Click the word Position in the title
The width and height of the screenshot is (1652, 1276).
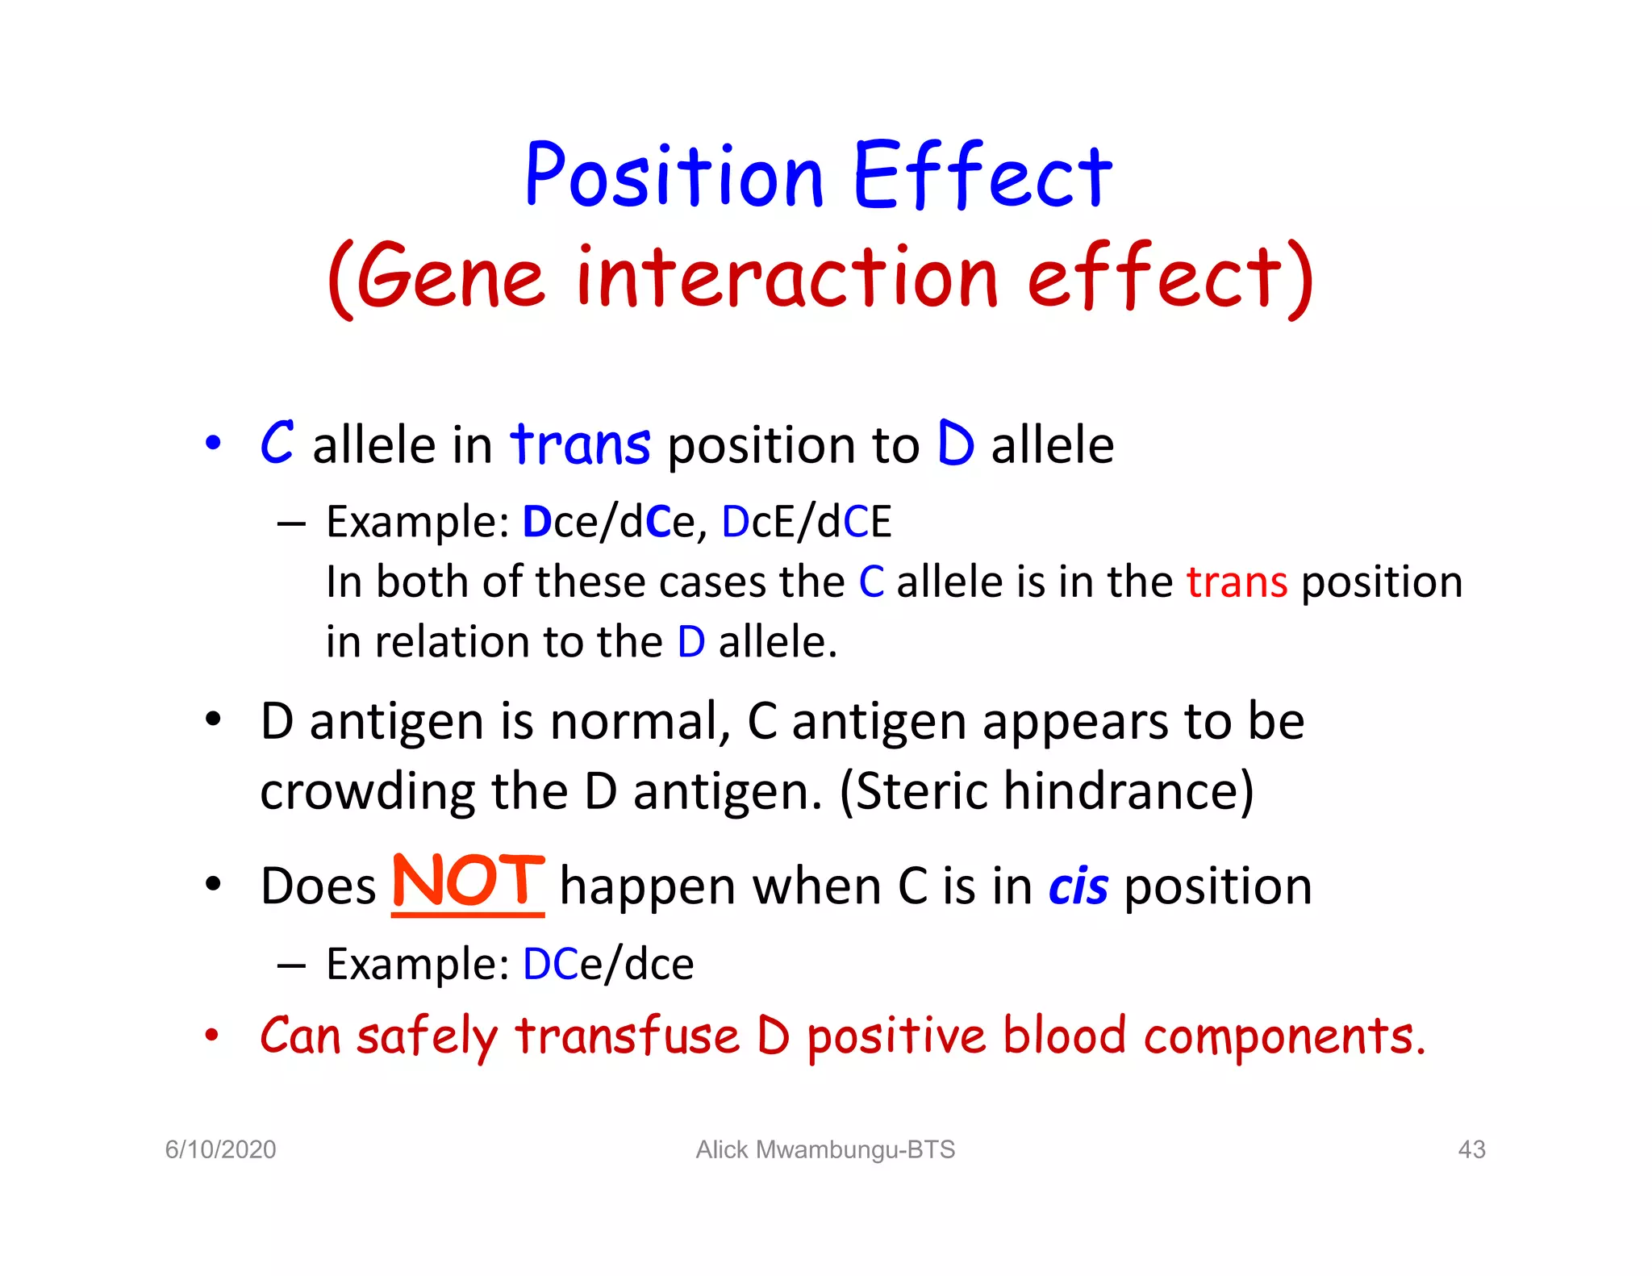pos(674,175)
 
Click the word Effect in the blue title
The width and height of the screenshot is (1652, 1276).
pos(982,175)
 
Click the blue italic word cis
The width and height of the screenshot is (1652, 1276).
pos(1078,887)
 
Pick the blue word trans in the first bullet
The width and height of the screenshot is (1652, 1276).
pos(579,444)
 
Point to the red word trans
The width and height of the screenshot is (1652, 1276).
pos(1236,582)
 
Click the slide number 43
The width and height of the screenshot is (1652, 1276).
pos(1471,1149)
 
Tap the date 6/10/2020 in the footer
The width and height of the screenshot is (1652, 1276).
pos(220,1149)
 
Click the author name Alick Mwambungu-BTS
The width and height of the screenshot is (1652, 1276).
pos(825,1149)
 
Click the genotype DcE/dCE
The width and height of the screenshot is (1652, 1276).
pos(806,522)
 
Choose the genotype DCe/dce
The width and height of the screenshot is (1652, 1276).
pos(608,964)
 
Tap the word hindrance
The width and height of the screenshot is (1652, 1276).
pos(1128,790)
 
